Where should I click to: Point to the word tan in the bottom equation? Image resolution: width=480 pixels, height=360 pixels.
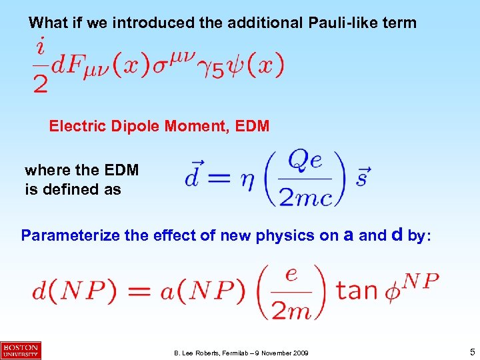(357, 291)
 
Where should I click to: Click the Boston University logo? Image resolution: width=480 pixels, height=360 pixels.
(21, 349)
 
